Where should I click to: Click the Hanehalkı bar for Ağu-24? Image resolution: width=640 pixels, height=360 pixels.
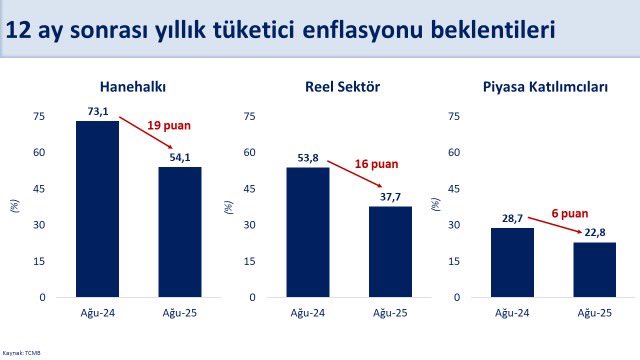(97, 209)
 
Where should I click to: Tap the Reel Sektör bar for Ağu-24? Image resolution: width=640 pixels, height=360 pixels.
(307, 232)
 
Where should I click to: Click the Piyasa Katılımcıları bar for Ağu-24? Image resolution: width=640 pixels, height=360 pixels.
(512, 263)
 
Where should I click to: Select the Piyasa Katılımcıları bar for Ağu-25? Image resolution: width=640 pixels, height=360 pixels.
(595, 270)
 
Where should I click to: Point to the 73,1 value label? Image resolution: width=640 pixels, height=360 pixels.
(98, 113)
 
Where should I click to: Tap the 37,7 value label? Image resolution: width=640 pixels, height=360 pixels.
(390, 198)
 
